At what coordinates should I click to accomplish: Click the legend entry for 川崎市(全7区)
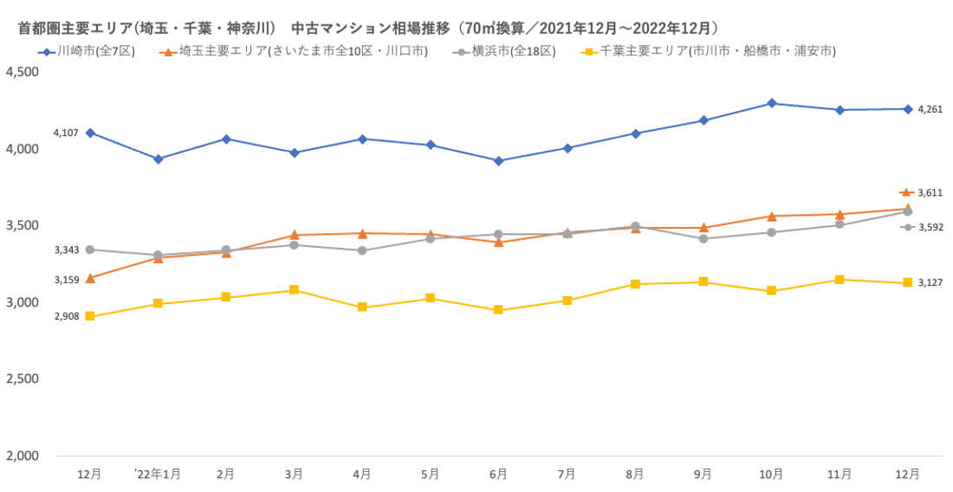(95, 51)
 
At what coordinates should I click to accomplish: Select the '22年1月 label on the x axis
(158, 474)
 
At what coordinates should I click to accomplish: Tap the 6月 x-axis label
(498, 474)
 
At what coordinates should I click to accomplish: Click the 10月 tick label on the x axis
(771, 474)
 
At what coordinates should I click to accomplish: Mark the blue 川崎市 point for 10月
(771, 103)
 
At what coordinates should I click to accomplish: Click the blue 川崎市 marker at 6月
(498, 161)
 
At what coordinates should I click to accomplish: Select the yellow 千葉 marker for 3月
(294, 289)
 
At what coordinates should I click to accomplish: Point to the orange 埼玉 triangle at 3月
(294, 235)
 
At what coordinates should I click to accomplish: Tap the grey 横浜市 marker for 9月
(703, 238)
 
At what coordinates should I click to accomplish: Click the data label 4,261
(929, 109)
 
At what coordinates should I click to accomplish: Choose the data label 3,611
(929, 192)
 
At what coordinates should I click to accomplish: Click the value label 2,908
(67, 316)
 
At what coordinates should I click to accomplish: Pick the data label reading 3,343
(67, 249)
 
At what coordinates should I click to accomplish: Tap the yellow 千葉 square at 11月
(840, 280)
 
